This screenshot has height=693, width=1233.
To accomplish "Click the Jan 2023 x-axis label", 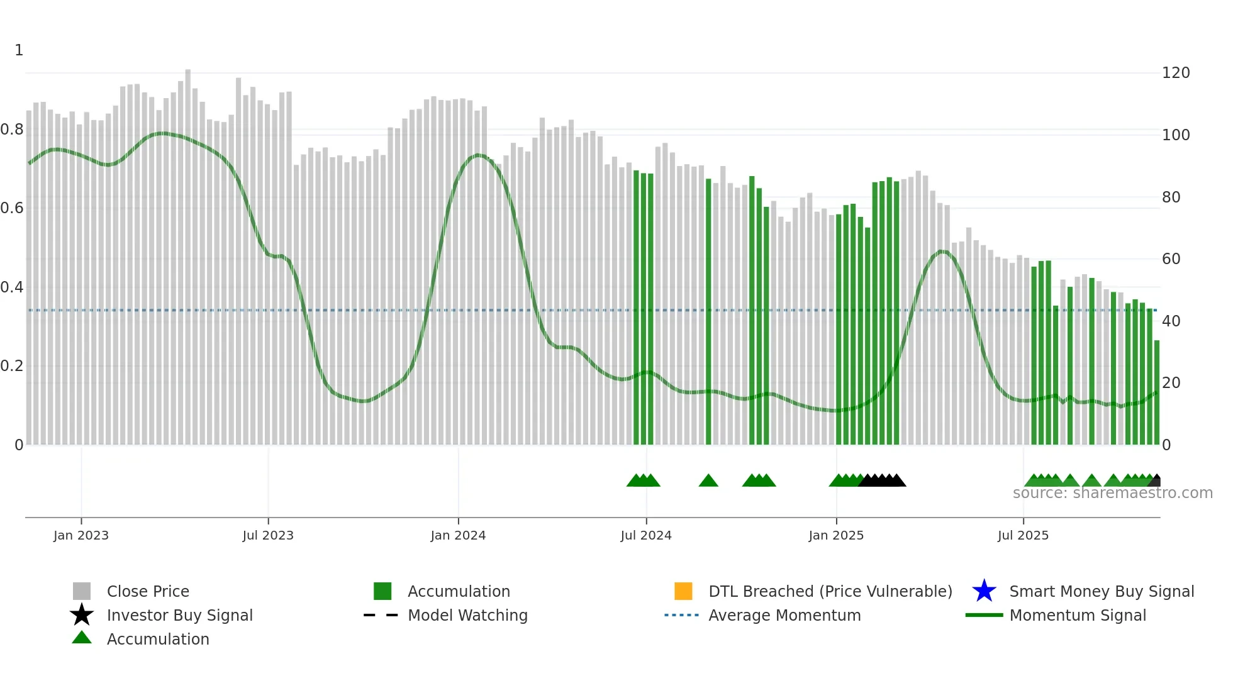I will tap(81, 535).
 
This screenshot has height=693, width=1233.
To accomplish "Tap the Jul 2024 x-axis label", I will tap(646, 535).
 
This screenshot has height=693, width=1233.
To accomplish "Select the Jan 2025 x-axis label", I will tap(836, 535).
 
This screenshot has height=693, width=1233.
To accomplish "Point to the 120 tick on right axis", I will tap(1176, 73).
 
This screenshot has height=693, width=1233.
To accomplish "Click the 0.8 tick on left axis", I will tap(12, 130).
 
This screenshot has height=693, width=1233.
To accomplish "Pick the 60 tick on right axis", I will tap(1171, 258).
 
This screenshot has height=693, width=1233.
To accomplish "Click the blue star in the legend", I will tap(984, 591).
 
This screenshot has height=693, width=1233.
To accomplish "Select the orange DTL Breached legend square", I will tap(683, 591).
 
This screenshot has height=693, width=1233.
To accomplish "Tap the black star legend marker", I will tap(82, 615).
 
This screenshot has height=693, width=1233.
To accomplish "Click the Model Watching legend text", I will tap(467, 615).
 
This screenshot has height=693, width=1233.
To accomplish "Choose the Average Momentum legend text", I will tap(784, 615).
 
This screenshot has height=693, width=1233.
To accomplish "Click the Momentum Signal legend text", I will tap(1078, 615).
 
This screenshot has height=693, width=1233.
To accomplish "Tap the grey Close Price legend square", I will tap(82, 591).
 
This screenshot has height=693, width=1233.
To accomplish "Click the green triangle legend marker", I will tap(82, 638).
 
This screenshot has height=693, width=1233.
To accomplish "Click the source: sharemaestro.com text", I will tap(1112, 493).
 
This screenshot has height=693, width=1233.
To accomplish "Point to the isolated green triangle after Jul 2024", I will tap(708, 481).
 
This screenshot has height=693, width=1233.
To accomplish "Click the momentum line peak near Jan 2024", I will tap(478, 155).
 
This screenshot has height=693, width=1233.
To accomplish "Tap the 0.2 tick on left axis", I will tap(12, 366).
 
